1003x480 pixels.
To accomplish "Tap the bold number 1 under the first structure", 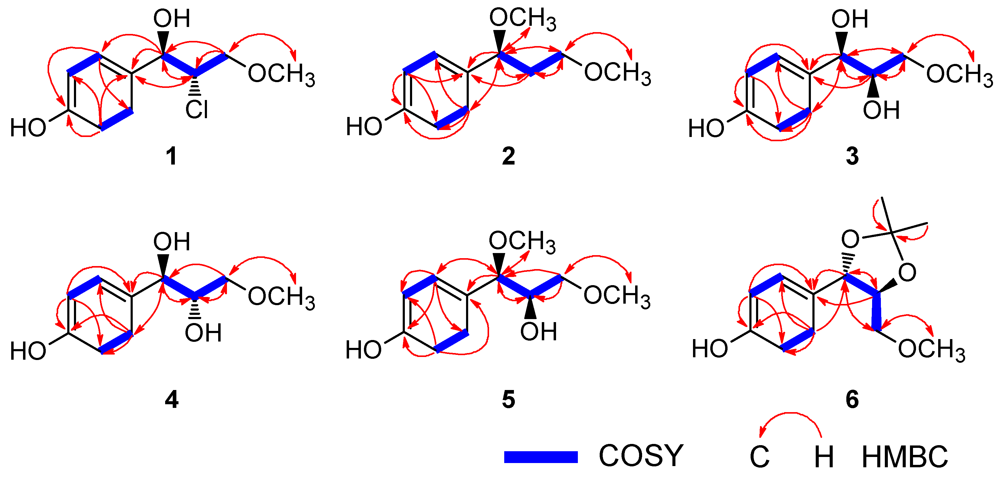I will [x=171, y=156].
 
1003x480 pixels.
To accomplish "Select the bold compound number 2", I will [x=508, y=156].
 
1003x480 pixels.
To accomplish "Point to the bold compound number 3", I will [x=852, y=156].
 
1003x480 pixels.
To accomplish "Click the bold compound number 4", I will [x=171, y=400].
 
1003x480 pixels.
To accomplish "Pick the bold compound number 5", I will [x=508, y=400].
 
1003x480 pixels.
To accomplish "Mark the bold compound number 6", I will [x=852, y=400].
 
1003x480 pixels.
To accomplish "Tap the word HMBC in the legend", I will [x=905, y=457].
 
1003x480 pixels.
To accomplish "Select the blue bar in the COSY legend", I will [x=541, y=457].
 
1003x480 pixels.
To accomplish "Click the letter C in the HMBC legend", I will [x=759, y=457].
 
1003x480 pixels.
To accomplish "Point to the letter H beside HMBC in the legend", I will [x=824, y=457].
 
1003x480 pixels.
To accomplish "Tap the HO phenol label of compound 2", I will [x=364, y=127].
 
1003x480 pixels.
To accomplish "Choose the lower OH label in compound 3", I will [x=881, y=110].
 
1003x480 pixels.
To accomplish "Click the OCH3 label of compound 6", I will [x=931, y=349].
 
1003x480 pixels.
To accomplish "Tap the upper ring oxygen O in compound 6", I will [x=850, y=239].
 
